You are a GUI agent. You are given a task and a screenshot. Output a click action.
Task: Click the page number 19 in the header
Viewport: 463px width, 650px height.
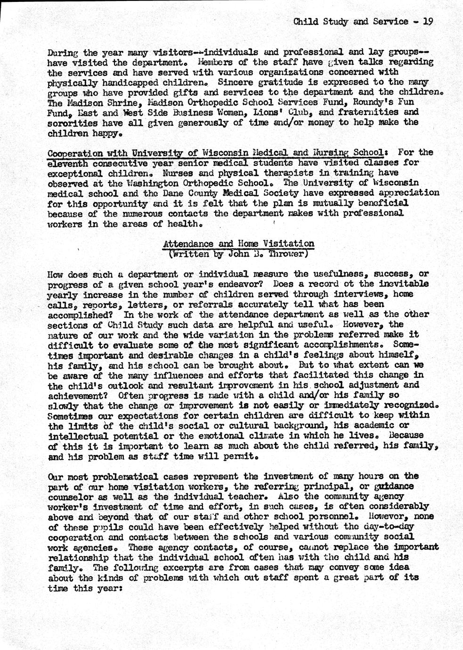point(427,21)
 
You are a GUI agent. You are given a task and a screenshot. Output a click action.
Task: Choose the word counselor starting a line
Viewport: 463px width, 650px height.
point(71,496)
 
